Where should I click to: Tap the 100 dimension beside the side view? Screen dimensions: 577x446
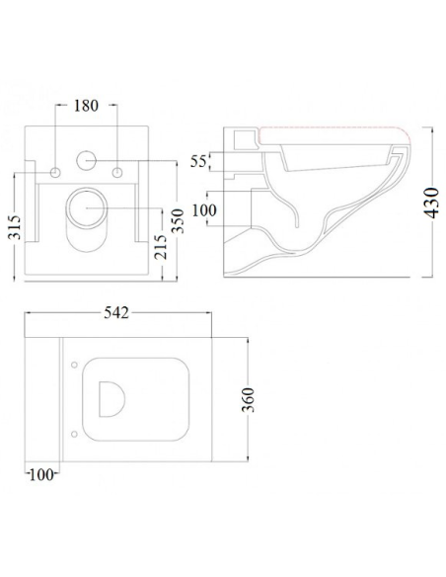point(205,209)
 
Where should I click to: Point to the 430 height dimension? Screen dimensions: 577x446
point(429,204)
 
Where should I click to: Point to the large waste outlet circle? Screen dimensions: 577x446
point(88,207)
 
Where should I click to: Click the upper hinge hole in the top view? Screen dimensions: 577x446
point(76,368)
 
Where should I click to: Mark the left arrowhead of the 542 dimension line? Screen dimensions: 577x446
point(27,315)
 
